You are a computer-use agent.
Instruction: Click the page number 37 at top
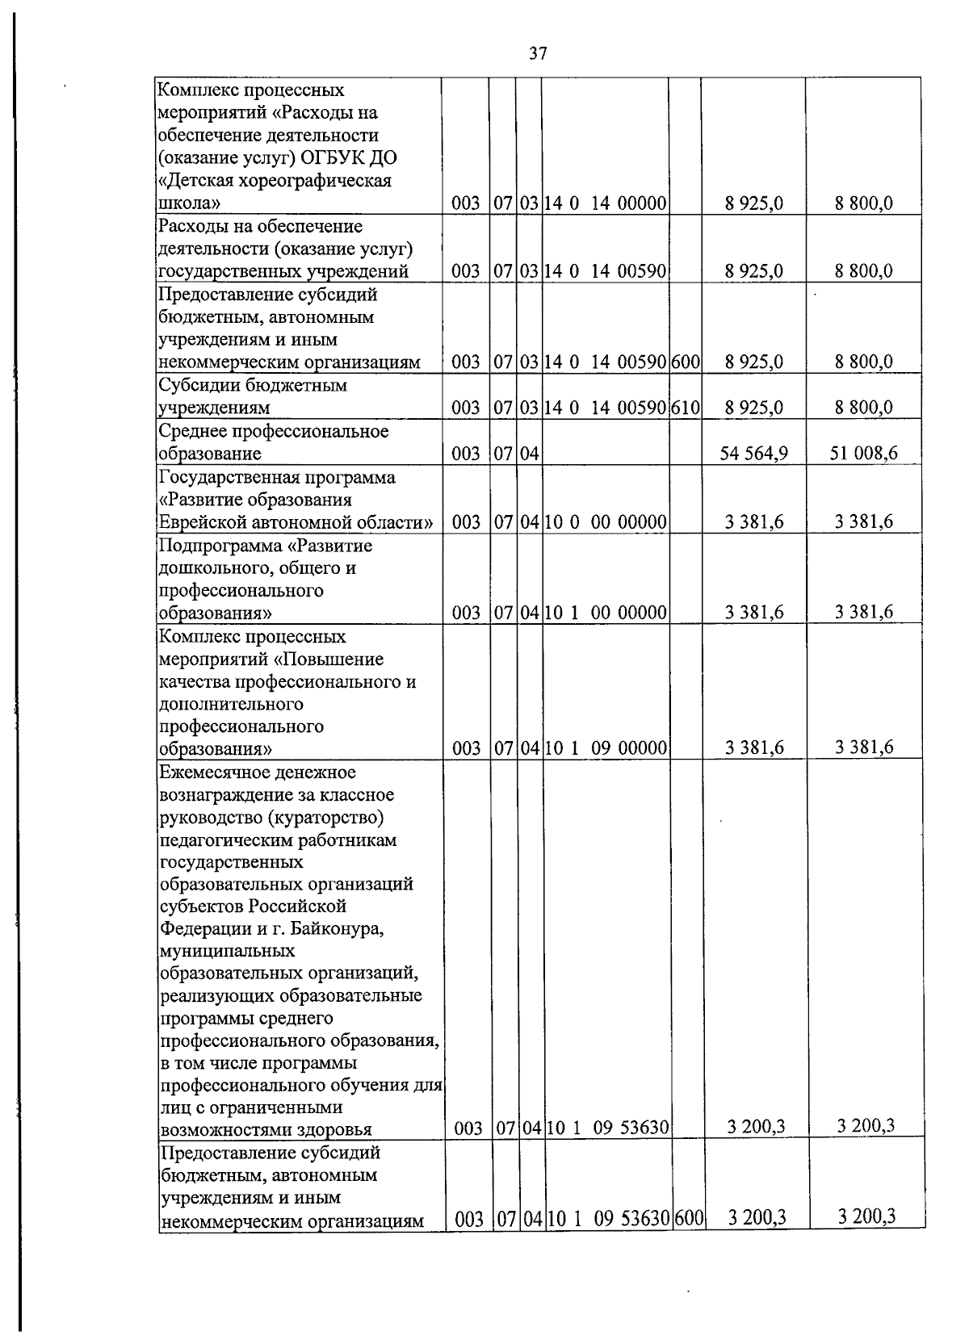click(x=538, y=54)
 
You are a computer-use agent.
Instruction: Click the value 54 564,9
click(x=753, y=454)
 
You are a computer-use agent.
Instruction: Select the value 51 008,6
click(x=863, y=454)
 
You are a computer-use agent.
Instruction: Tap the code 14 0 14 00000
click(x=605, y=203)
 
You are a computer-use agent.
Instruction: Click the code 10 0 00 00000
click(x=606, y=522)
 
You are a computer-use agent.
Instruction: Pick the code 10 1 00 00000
click(x=606, y=613)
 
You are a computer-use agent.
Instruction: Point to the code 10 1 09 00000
click(x=606, y=748)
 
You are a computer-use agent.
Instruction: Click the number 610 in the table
click(x=685, y=408)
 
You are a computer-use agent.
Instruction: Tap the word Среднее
click(x=194, y=431)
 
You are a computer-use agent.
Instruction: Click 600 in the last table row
click(x=689, y=1241)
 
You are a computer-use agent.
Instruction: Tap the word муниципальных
click(x=228, y=951)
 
